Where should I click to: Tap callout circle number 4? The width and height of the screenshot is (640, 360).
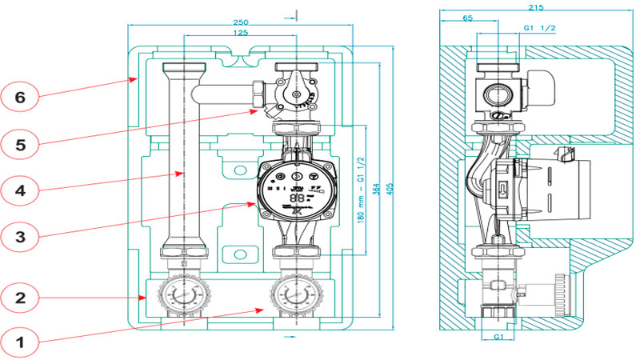coord(21,190)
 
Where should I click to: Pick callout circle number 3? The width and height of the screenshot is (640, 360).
coord(21,236)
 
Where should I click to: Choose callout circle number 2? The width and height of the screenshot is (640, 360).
coord(21,298)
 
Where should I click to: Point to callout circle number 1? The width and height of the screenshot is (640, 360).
coord(21,342)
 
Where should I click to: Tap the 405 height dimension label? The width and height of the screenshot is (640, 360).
coord(390,186)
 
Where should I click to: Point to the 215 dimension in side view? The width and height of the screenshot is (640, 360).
coord(536,7)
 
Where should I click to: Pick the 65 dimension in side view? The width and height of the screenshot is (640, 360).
coord(467,17)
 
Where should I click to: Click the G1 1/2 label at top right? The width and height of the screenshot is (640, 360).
coord(539,28)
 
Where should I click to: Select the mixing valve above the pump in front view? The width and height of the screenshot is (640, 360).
coord(294,94)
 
